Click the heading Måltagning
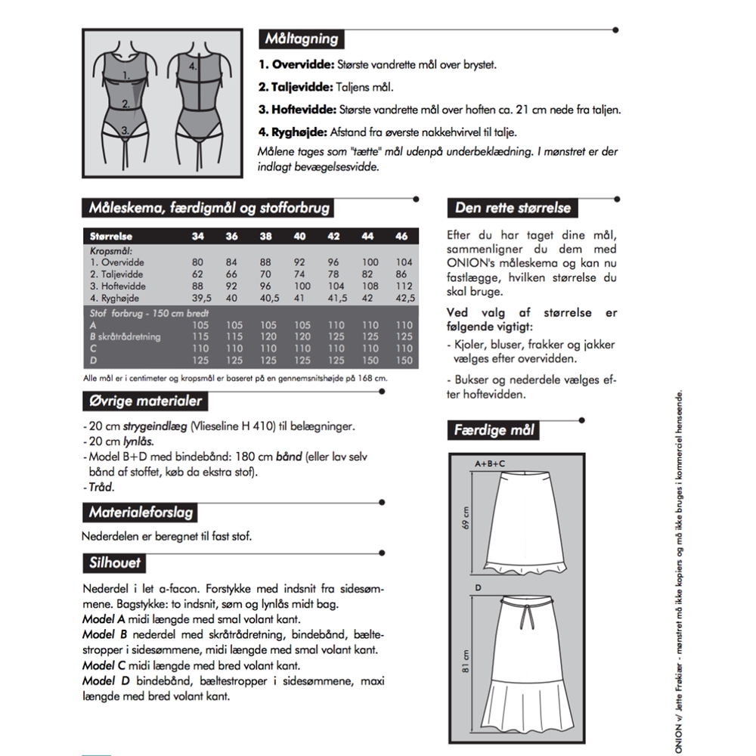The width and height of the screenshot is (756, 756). click(x=301, y=39)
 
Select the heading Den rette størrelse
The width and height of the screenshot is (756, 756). click(x=513, y=207)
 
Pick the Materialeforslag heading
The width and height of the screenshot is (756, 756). click(x=141, y=512)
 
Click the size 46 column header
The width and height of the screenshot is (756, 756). click(x=401, y=237)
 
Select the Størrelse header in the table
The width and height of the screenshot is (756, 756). click(x=110, y=237)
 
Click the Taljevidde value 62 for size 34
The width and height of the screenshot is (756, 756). click(x=197, y=274)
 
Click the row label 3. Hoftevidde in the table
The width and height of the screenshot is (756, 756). click(x=118, y=287)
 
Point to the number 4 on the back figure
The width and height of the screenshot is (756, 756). click(x=194, y=66)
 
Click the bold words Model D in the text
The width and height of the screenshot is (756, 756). click(x=104, y=682)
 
